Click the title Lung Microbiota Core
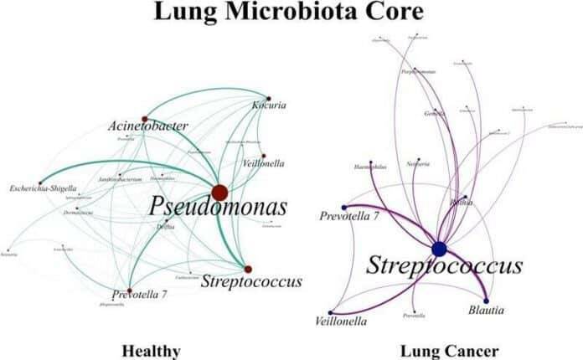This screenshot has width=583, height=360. (291, 13)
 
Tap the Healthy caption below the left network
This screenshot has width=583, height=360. (150, 349)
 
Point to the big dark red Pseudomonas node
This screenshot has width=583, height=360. (219, 193)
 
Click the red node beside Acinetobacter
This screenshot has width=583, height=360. (144, 118)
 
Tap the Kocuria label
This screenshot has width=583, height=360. (270, 106)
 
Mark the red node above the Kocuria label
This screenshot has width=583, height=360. (269, 97)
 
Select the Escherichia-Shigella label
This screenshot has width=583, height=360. (45, 187)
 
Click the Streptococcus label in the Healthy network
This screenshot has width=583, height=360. (251, 282)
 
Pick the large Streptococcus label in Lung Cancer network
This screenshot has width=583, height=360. (444, 266)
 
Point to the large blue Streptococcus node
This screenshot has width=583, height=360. (439, 249)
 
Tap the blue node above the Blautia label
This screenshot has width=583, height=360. (486, 300)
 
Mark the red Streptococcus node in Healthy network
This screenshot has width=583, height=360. (248, 269)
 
